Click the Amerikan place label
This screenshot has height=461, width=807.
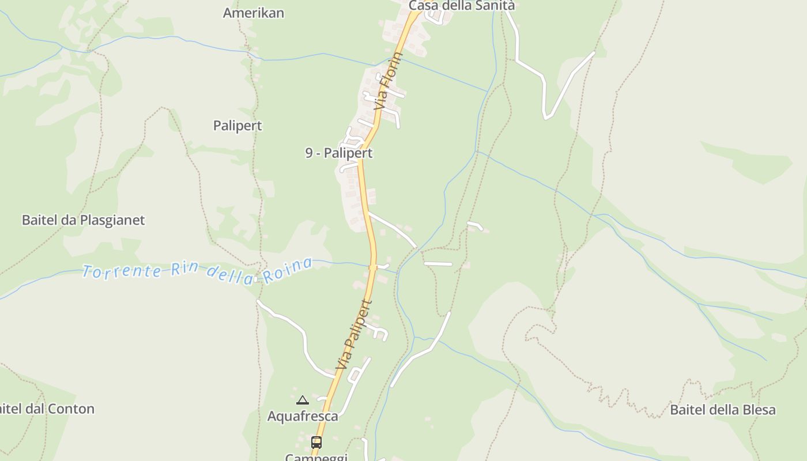click(x=254, y=13)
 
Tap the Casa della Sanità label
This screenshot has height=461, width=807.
click(x=461, y=6)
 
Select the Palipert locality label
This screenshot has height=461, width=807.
click(x=237, y=126)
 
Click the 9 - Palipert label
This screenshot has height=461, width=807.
click(x=339, y=153)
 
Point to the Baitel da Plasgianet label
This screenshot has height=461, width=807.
click(x=84, y=220)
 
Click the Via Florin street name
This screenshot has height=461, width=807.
click(x=387, y=82)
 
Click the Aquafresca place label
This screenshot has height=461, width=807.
click(x=303, y=416)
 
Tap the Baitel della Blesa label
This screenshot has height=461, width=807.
click(x=723, y=410)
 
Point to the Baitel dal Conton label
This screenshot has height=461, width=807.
click(x=46, y=409)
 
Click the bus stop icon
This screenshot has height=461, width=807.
click(x=316, y=443)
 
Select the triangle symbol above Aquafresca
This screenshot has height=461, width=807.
click(x=303, y=400)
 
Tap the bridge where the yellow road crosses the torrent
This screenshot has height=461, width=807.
click(x=374, y=267)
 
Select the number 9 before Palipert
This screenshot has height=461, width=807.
click(x=309, y=153)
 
